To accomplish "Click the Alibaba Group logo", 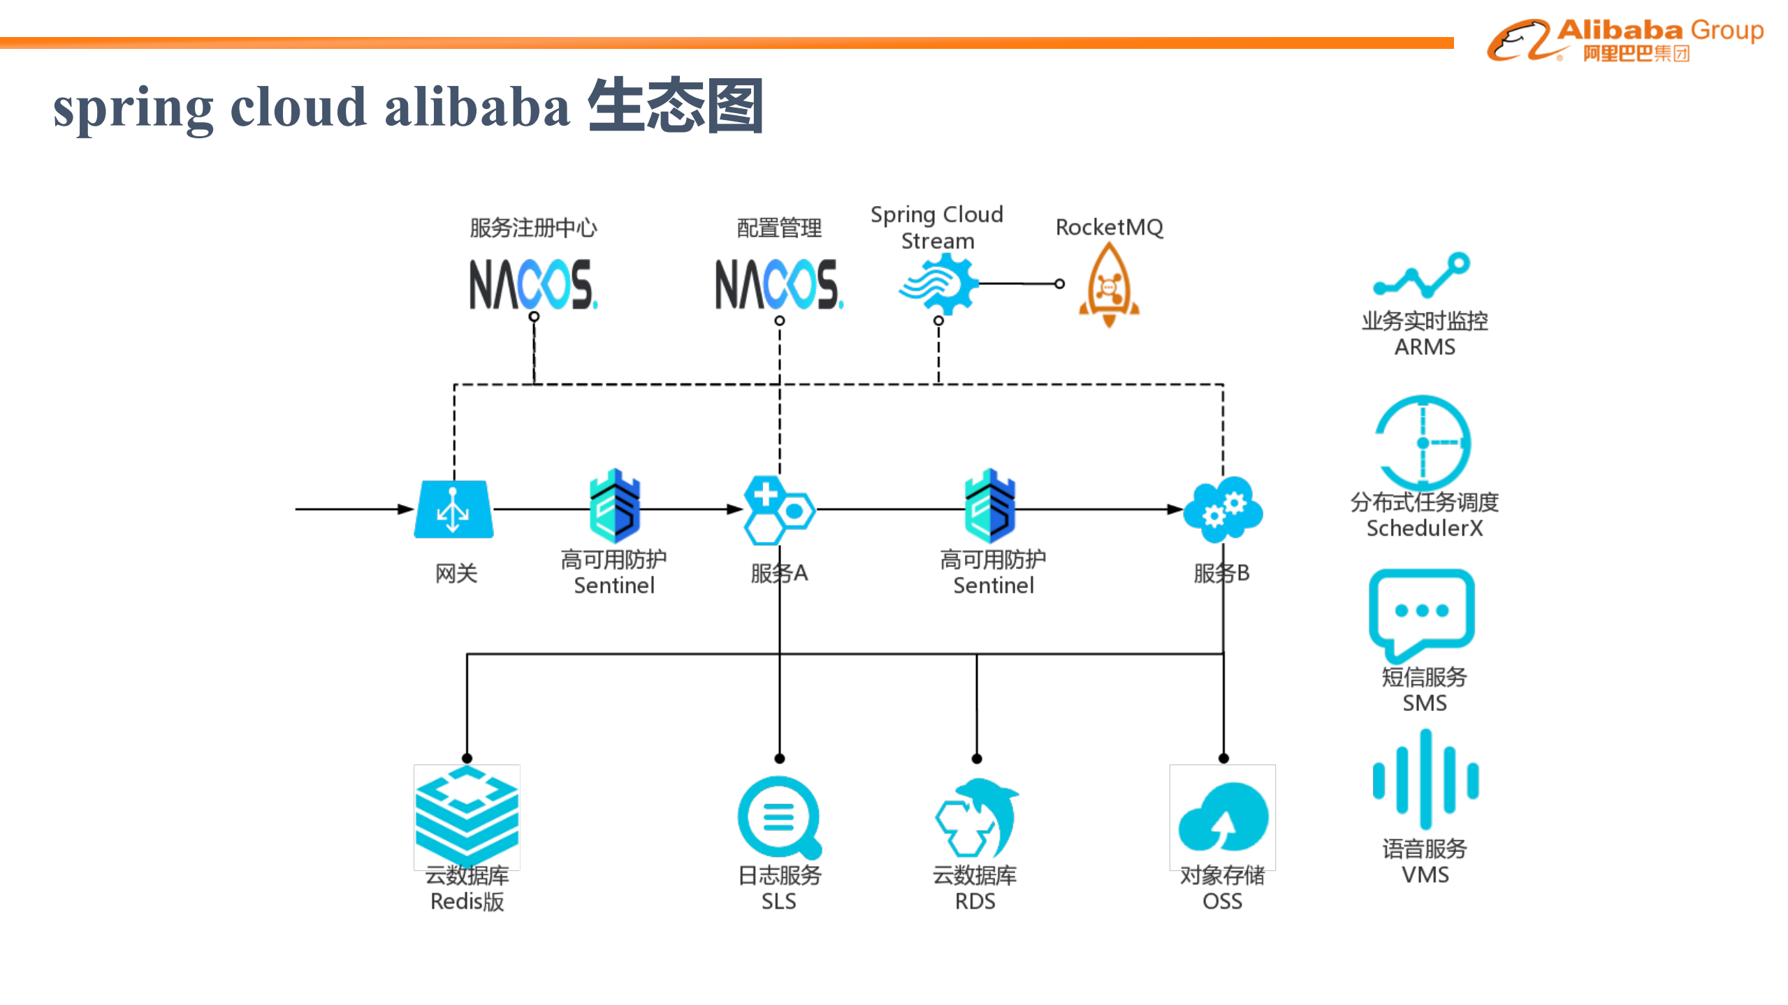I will pos(1624,41).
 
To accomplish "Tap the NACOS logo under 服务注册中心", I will pos(532,284).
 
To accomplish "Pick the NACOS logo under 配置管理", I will pos(778,284).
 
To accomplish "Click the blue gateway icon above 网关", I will pos(453,509).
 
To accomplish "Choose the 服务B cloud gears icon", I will pos(1223,509).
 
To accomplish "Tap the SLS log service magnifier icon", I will pos(779,817).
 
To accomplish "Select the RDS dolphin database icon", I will pos(977,817).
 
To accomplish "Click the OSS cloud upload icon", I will pos(1223,817).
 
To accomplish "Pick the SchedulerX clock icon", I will pos(1423,442).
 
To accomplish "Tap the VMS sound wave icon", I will pos(1425,779).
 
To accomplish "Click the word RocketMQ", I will pos(1109,227).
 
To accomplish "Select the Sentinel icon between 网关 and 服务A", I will pos(614,506).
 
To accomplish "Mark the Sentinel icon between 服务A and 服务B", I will pos(990,506).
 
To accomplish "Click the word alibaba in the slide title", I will pos(477,108).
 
